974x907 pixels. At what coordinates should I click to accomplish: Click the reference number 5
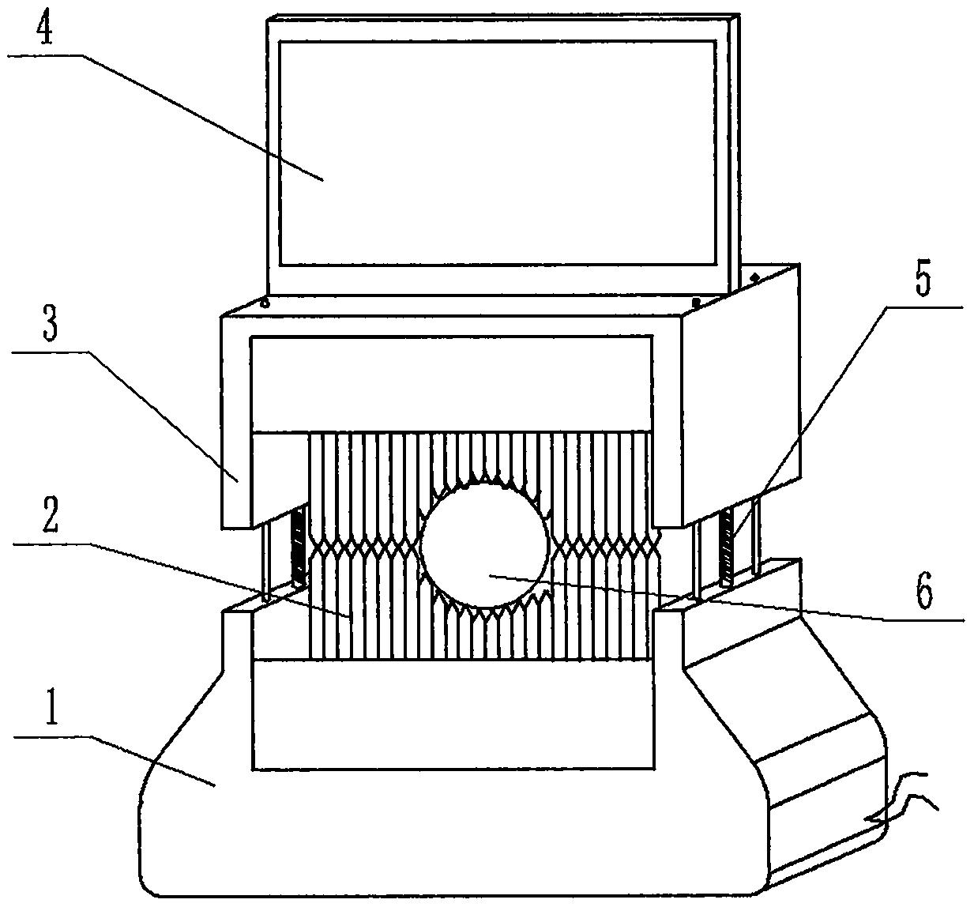(923, 282)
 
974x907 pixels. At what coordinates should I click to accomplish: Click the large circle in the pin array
(484, 546)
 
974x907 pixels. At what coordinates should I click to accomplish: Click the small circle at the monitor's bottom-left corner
(265, 302)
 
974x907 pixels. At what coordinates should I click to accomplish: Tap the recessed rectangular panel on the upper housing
(450, 383)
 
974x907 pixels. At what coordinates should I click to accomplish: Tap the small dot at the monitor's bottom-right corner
(696, 301)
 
